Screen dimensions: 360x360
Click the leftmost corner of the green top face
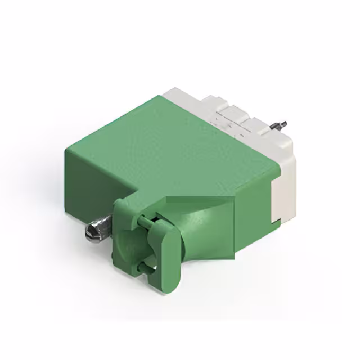(x=66, y=147)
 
